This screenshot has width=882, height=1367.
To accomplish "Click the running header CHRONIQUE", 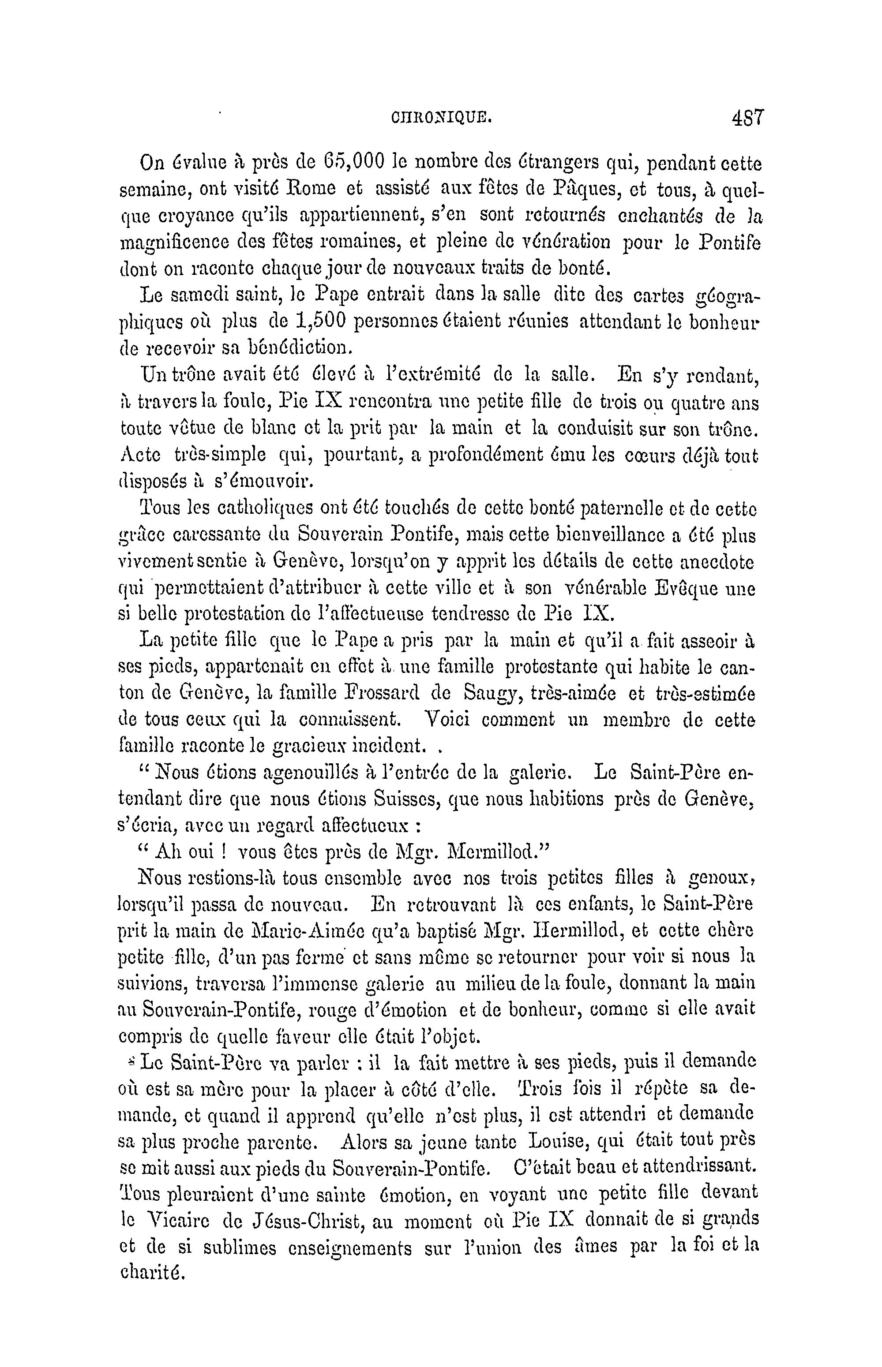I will tap(441, 119).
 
